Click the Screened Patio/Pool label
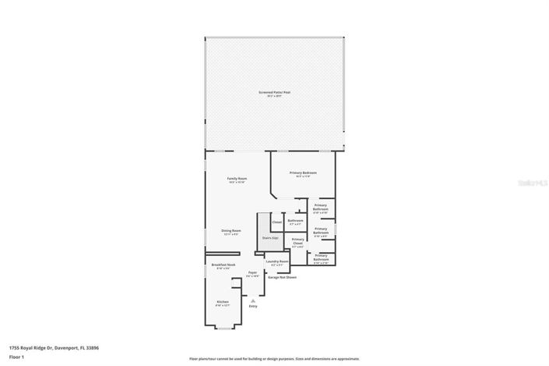click(274, 93)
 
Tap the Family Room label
click(237, 179)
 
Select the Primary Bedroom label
click(303, 173)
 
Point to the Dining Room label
click(231, 231)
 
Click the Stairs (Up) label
click(270, 237)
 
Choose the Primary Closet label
click(297, 241)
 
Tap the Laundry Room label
click(277, 262)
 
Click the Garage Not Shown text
click(282, 277)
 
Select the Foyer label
click(252, 274)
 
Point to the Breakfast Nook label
click(223, 266)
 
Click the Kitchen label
click(223, 302)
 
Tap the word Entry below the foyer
click(252, 306)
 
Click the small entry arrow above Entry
click(252, 300)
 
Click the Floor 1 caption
click(16, 356)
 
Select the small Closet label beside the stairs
click(276, 222)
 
